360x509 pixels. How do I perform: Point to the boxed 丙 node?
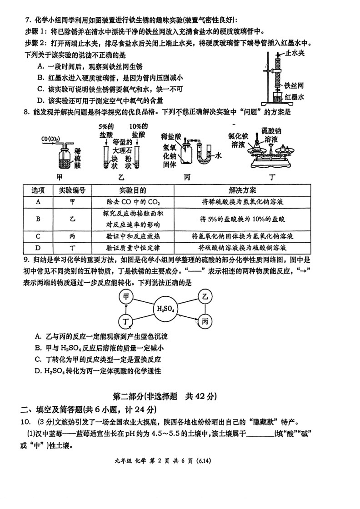205,322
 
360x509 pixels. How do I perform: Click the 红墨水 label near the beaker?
295,97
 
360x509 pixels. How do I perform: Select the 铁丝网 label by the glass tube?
294,85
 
